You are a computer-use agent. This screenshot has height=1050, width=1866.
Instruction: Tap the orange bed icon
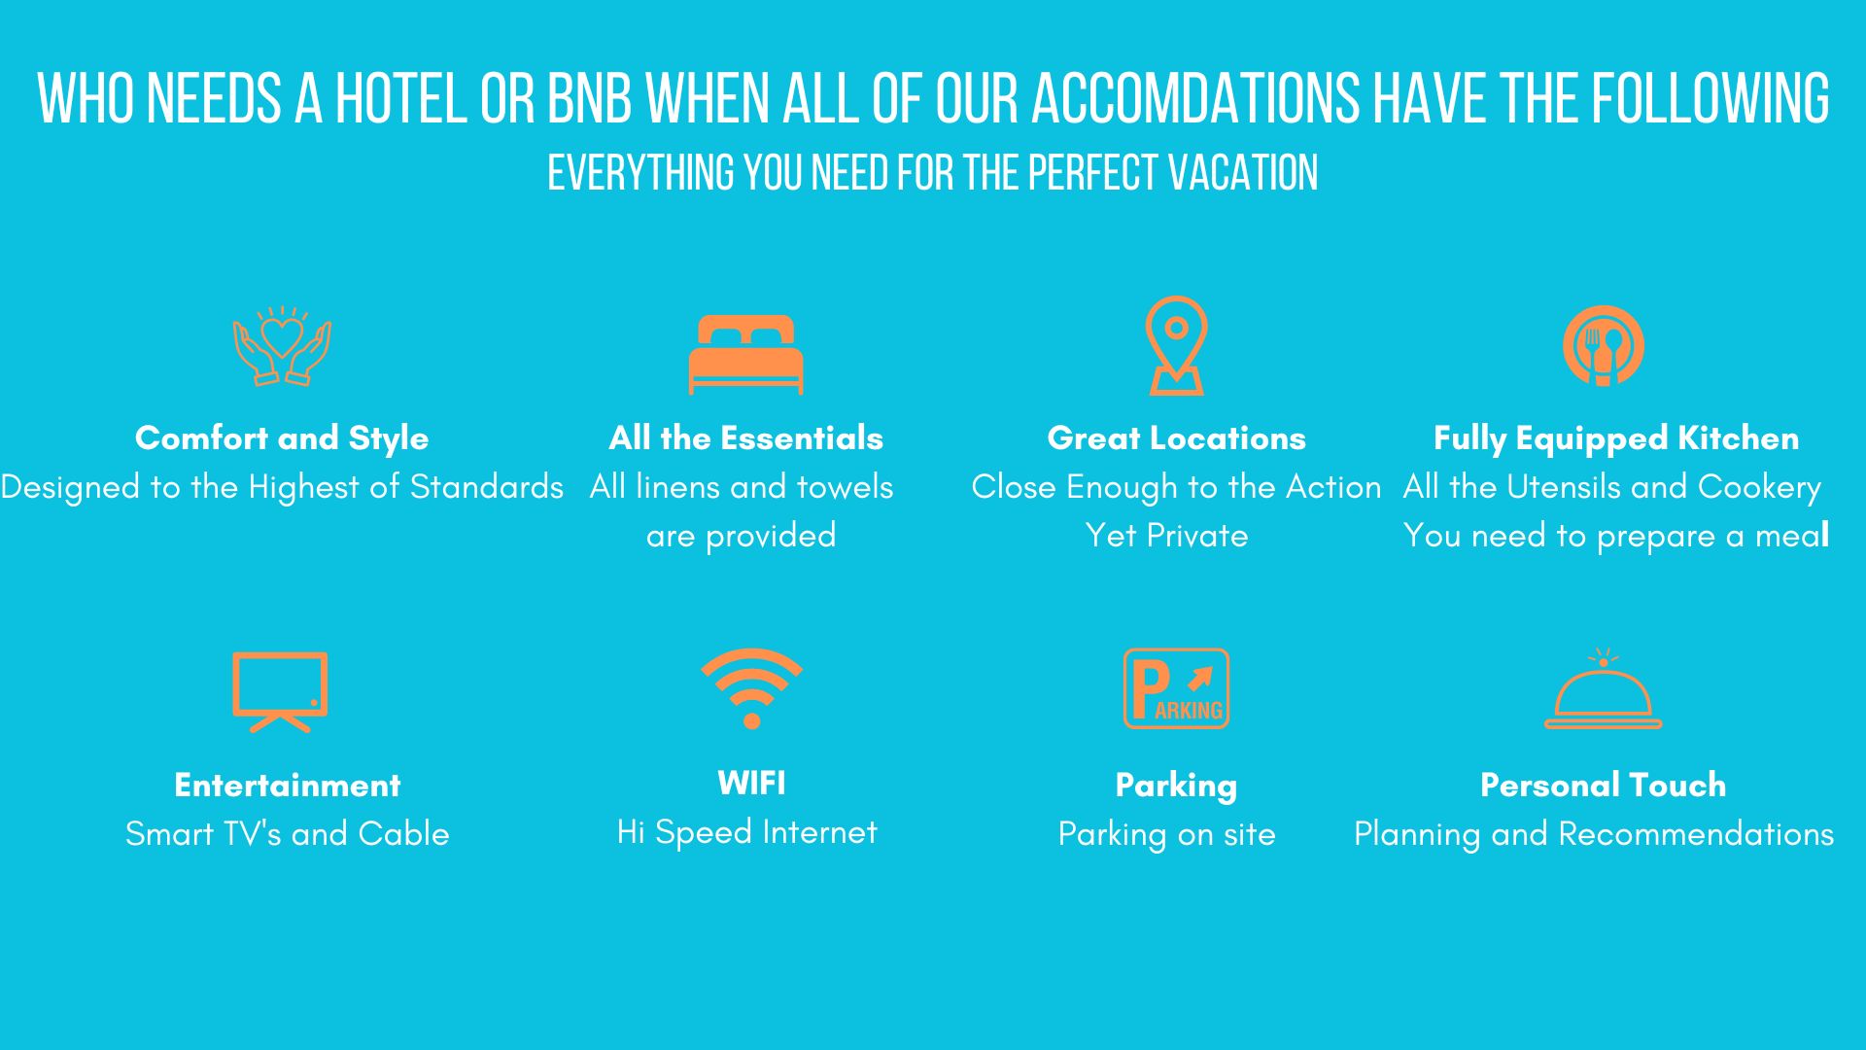746,355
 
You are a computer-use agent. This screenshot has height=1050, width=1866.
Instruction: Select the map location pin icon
1176,346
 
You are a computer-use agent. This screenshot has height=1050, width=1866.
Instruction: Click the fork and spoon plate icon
1604,346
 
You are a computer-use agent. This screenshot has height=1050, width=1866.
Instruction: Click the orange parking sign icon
1176,688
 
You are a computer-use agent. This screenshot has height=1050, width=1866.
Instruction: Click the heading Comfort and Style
282,438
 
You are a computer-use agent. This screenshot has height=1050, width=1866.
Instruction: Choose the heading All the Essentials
746,438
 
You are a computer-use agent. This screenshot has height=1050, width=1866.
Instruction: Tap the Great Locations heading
1176,438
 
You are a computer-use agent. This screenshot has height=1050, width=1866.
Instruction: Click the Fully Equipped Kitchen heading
1616,438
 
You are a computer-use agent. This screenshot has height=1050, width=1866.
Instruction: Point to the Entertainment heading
288,786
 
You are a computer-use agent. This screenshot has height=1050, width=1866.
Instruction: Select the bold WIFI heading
751,783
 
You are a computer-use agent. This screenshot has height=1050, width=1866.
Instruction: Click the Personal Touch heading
1604,786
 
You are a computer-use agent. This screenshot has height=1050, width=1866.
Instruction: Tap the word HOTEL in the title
400,98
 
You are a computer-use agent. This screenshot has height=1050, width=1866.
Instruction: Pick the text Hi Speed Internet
746,832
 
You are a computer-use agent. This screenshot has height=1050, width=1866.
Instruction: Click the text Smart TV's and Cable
288,834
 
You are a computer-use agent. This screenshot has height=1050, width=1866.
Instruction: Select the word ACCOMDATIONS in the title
1195,98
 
